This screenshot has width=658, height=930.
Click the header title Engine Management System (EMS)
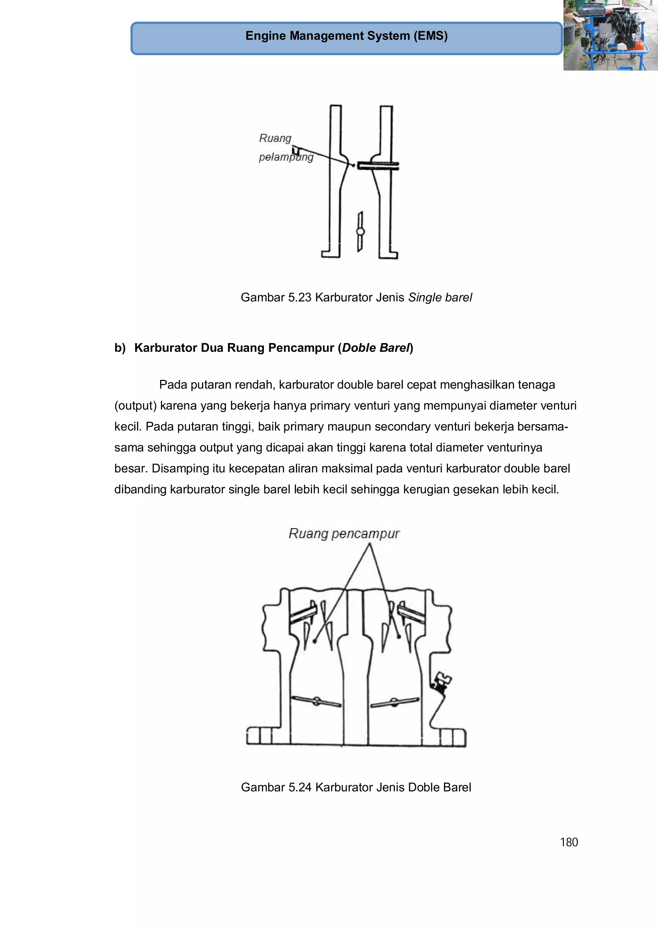[x=346, y=36]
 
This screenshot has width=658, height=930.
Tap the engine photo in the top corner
[x=610, y=35]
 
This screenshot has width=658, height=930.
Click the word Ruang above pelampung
[x=275, y=138]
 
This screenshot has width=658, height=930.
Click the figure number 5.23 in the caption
[x=299, y=297]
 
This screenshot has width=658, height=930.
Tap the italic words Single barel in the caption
[x=440, y=297]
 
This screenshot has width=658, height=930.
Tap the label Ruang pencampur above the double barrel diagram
[x=344, y=534]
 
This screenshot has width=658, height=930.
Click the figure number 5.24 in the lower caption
[x=299, y=787]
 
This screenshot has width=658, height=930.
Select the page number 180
[x=568, y=842]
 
